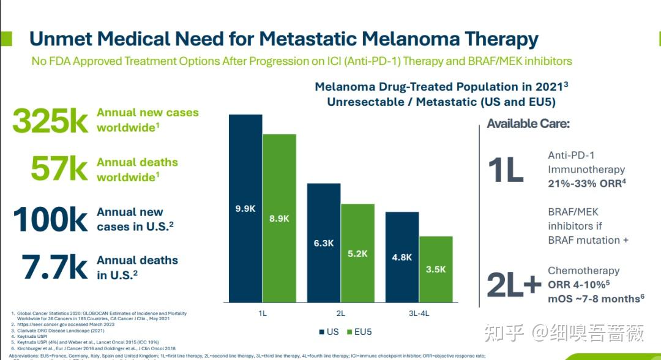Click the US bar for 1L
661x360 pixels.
coord(245,208)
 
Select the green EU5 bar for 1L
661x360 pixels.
coord(279,218)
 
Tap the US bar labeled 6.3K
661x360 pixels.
coord(323,242)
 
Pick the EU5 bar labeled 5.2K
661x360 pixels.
coord(357,253)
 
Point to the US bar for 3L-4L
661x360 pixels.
coord(401,257)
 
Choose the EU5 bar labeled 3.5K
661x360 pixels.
coord(436,269)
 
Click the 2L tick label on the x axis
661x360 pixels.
coord(341,313)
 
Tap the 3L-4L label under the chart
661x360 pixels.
coord(419,313)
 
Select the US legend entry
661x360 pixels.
coord(329,332)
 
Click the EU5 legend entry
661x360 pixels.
coord(359,332)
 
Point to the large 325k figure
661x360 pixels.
coord(50,121)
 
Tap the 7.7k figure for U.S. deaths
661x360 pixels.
coord(54,268)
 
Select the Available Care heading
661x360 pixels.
coord(528,124)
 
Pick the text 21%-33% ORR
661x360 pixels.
coord(586,184)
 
